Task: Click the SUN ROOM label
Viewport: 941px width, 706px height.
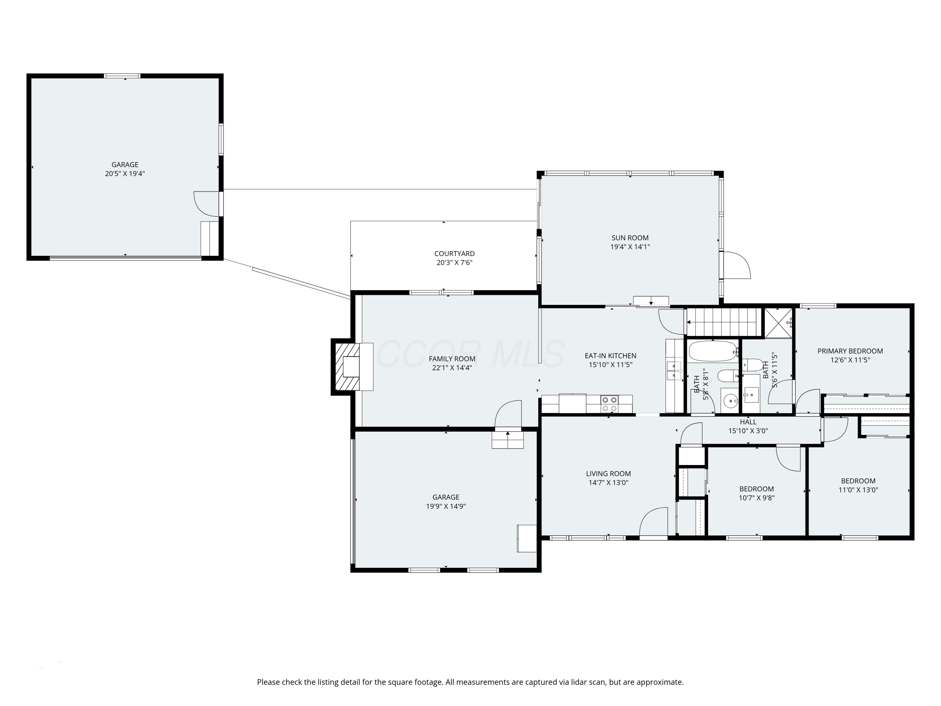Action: [630, 238]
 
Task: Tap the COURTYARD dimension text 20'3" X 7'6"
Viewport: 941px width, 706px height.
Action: [454, 263]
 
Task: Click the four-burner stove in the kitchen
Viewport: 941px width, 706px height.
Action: [609, 404]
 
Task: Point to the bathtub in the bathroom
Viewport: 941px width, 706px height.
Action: [713, 351]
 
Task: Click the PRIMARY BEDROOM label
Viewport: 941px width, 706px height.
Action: [850, 351]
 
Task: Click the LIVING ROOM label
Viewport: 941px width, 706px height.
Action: [608, 473]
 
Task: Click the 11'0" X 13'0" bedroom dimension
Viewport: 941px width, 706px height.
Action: [858, 490]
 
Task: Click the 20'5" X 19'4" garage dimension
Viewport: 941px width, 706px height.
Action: [125, 174]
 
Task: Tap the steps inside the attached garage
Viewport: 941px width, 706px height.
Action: [508, 440]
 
